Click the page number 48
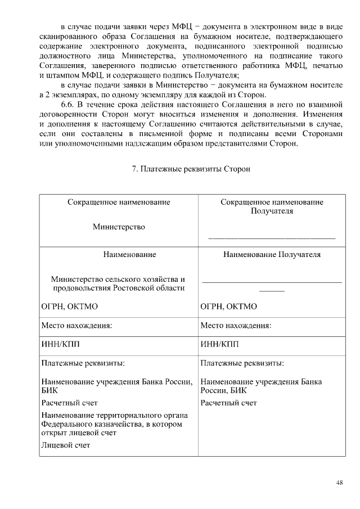[339, 483]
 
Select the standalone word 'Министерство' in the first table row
[119, 227]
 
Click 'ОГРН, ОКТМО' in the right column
[228, 307]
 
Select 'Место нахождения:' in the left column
[76, 326]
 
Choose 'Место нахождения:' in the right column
[236, 326]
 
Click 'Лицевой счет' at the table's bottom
[66, 445]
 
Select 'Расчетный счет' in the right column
[228, 403]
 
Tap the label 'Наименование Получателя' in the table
[272, 254]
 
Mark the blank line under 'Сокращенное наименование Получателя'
[272, 238]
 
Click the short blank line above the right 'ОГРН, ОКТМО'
[272, 291]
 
